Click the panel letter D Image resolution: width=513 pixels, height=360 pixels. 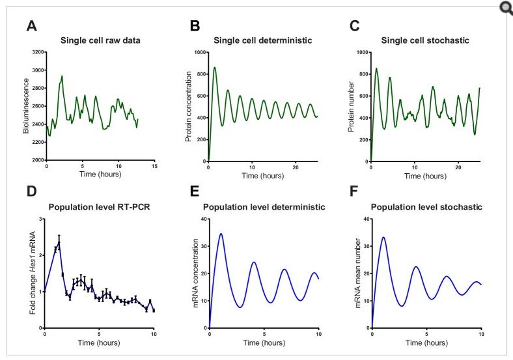point(31,193)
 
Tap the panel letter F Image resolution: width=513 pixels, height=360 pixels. point(356,193)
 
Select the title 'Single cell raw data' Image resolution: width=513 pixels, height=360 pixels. point(100,40)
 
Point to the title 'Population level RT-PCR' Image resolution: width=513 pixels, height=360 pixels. point(100,207)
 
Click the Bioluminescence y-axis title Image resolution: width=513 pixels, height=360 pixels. point(27,105)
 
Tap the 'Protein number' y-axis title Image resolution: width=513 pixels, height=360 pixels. point(351,105)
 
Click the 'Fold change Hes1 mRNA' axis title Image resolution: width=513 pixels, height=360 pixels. point(31,273)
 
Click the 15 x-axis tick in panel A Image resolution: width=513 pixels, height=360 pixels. point(154,166)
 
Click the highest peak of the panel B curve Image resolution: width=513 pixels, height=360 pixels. point(215,67)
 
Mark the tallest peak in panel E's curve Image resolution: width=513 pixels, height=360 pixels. point(221,234)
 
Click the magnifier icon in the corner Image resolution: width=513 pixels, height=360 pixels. point(505,8)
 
